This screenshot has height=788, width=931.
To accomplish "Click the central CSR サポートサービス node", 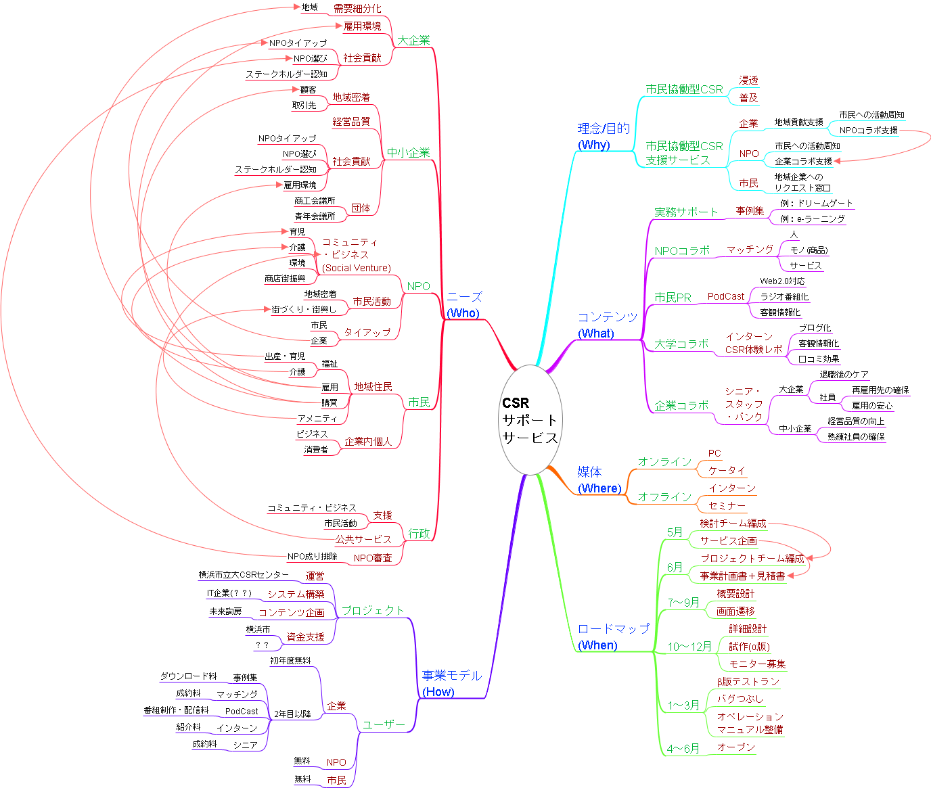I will (x=530, y=419).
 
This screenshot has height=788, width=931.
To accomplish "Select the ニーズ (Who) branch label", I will (x=463, y=304).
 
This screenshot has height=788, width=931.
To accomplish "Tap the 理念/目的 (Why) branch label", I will (x=603, y=136).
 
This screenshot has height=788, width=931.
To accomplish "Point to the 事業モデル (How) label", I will (x=451, y=683).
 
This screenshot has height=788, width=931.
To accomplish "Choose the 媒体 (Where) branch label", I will (x=599, y=480).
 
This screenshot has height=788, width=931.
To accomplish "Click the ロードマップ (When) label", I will (x=612, y=636).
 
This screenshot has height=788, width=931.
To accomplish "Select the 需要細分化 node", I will (x=357, y=9).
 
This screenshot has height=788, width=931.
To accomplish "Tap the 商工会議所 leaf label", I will (x=315, y=201).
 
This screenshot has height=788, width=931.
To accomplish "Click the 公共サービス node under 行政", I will (x=363, y=539).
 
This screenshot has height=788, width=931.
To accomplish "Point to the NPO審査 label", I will (x=373, y=558).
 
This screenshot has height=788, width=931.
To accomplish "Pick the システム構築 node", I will (x=296, y=594).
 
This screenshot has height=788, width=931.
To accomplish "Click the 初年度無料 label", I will (x=290, y=661).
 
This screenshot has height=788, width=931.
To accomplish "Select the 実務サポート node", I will (x=685, y=212).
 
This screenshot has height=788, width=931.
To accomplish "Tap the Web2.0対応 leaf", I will (x=782, y=281).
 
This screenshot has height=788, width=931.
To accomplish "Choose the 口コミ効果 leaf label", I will (x=819, y=359).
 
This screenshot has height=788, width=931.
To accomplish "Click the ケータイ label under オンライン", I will (x=727, y=470).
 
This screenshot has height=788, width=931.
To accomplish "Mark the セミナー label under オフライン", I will (x=727, y=506).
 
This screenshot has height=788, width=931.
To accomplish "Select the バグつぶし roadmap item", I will (x=740, y=699).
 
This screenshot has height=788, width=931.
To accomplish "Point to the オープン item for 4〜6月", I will (x=735, y=747).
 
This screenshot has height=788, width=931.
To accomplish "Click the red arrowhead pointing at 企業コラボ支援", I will (x=838, y=161).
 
